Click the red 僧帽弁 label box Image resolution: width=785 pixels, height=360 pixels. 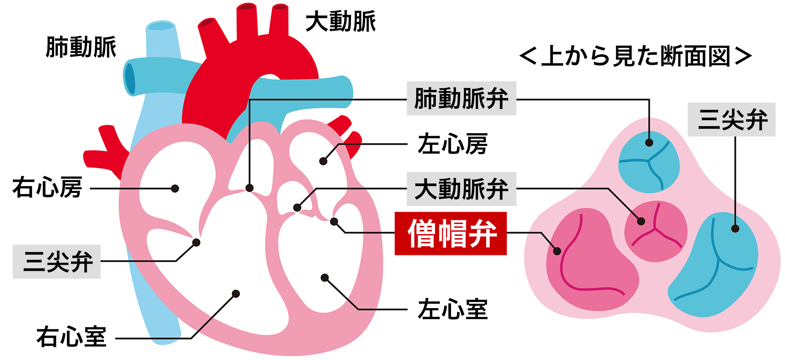[451, 233]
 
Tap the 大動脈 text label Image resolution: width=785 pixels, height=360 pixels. [341, 22]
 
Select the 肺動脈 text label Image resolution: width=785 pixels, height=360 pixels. [81, 47]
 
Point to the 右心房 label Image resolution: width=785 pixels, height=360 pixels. [47, 188]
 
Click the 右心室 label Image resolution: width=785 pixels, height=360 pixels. [72, 337]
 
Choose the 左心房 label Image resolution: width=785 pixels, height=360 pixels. [453, 144]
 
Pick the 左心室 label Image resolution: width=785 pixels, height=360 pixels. [453, 309]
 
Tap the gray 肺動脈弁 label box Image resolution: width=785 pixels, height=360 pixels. [461, 98]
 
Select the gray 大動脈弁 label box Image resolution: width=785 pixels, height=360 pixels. [461, 189]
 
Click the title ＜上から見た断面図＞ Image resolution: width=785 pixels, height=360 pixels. [635, 56]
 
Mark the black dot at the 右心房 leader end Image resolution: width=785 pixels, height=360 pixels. [175, 188]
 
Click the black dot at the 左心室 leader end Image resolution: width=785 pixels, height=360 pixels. [325, 278]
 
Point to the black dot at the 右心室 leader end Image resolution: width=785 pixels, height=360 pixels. [236, 294]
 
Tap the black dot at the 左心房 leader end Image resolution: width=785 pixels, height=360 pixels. [323, 161]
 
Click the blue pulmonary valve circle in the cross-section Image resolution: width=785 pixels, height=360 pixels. [648, 162]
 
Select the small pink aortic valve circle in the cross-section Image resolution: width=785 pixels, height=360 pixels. [655, 231]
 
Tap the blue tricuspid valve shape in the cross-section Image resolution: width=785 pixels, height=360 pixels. [715, 266]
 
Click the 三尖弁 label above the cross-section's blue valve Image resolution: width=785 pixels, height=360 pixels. [731, 120]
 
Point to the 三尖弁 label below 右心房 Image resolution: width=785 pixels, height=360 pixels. [57, 262]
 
